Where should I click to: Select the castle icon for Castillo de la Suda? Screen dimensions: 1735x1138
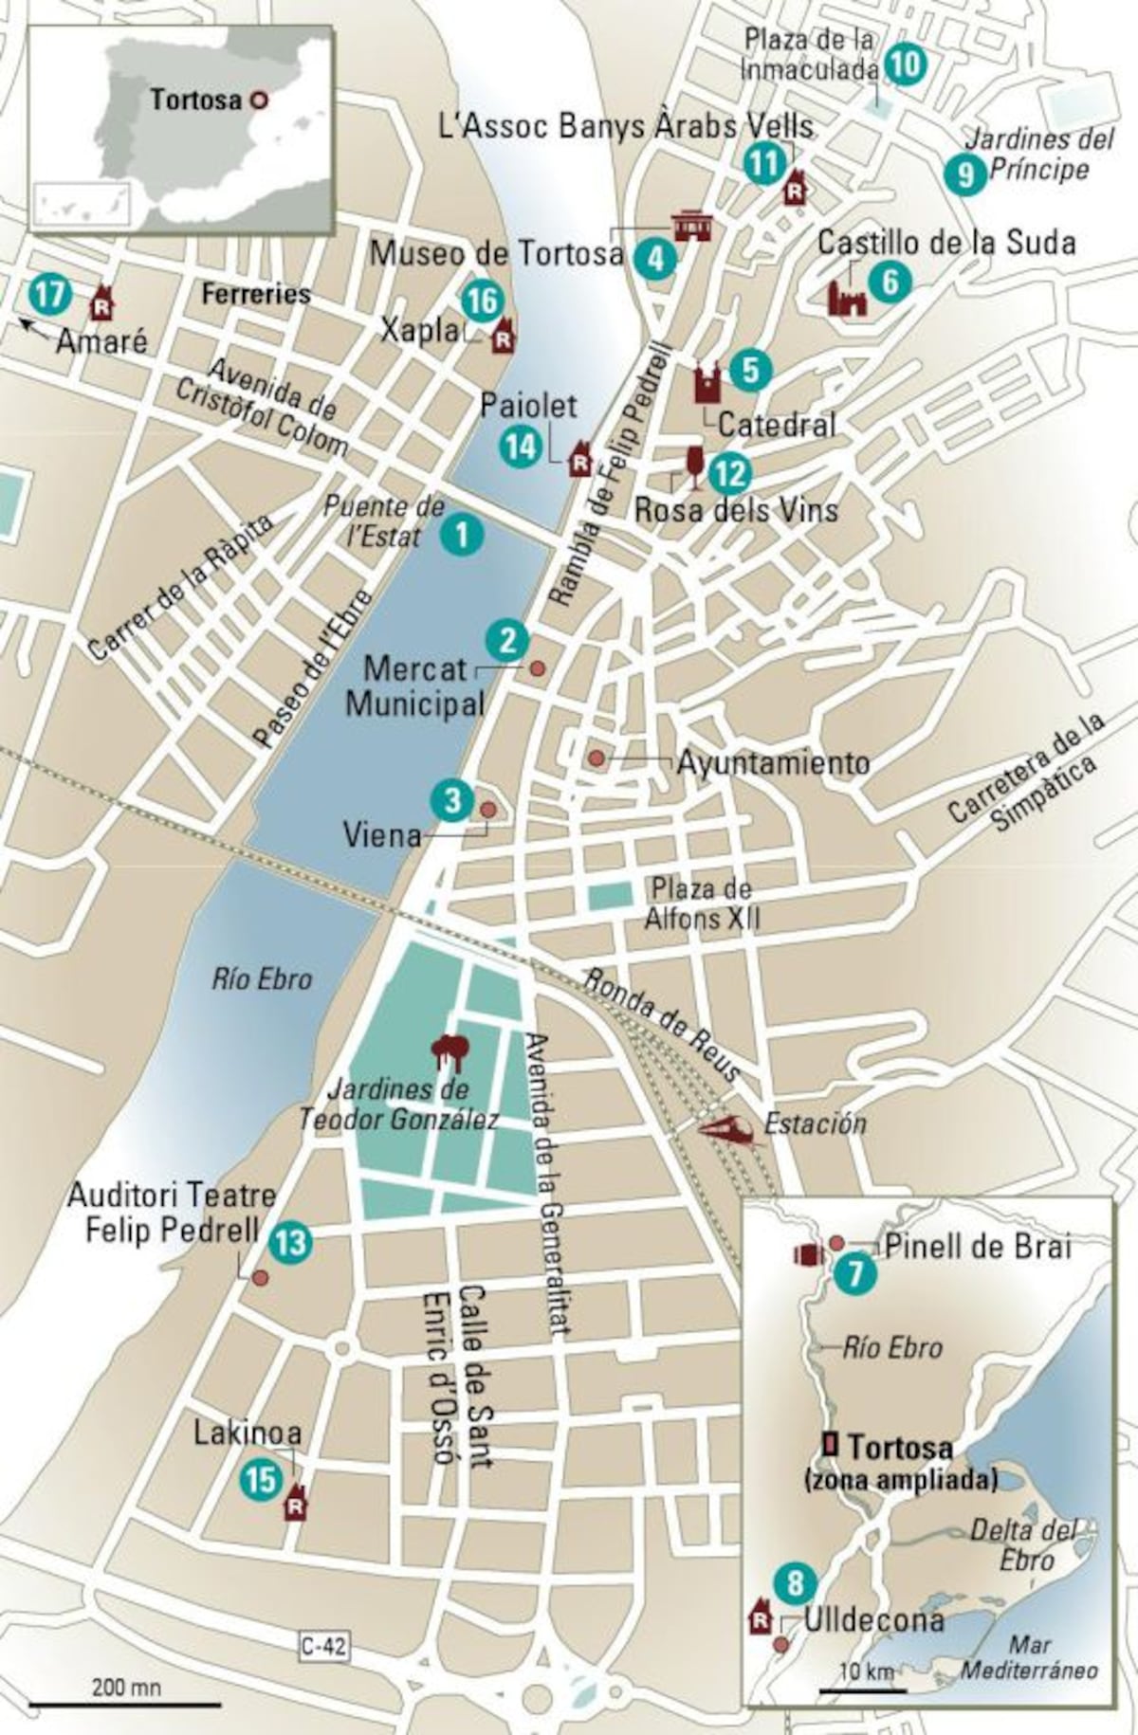847,299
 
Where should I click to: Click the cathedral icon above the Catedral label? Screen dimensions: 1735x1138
708,383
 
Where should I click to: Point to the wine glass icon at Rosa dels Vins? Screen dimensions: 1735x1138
695,467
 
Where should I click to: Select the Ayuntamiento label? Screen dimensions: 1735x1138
773,762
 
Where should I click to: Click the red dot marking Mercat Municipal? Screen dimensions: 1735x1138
537,668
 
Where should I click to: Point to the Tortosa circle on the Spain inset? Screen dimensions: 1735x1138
258,100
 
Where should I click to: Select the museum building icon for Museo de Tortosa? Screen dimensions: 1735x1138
691,226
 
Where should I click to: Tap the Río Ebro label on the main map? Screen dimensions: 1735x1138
263,978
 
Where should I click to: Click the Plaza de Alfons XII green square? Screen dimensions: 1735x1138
610,897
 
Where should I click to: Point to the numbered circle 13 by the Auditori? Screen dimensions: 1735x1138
290,1241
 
